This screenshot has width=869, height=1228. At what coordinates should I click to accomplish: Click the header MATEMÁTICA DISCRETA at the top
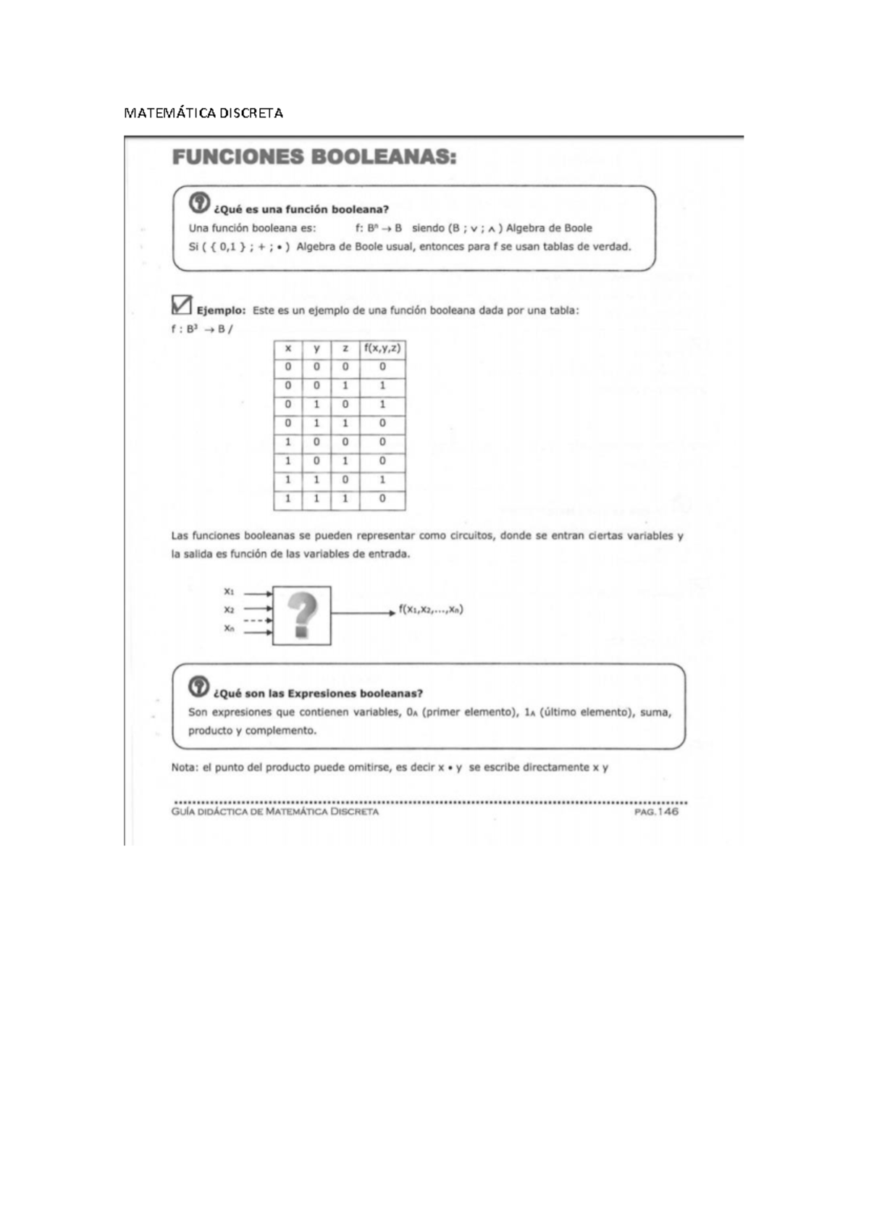coord(203,113)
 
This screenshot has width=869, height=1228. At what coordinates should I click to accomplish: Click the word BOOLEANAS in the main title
coord(384,157)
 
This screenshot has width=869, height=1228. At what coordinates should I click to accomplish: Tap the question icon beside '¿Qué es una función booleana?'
coord(199,203)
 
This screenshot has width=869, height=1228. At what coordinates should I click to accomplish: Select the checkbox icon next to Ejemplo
coord(182,305)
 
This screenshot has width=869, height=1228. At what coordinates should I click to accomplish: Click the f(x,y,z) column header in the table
coord(382,348)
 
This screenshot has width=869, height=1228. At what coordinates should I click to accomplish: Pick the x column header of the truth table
coord(287,348)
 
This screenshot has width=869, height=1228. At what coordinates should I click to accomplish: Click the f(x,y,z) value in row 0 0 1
coord(382,386)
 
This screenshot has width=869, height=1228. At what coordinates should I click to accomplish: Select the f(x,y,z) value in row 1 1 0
coord(382,480)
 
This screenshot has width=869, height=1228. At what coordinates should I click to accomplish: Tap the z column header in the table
coord(345,348)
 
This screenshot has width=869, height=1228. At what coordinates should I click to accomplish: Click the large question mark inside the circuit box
coord(302,615)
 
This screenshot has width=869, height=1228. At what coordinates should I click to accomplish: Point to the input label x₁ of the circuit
coord(229,592)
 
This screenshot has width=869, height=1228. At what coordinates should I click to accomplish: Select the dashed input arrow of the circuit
coord(257,621)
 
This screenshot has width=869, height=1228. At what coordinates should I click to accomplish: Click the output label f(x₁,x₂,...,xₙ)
coord(431,610)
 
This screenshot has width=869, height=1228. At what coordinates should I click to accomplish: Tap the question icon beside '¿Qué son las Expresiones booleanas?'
coord(198,686)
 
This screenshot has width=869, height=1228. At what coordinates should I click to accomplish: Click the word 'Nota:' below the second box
coord(185,767)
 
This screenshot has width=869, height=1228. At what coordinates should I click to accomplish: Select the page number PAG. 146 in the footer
coord(656,812)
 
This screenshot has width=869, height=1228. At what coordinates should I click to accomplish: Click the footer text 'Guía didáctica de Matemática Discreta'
coord(275,812)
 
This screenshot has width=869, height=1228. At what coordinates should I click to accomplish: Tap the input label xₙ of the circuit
coord(229,628)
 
